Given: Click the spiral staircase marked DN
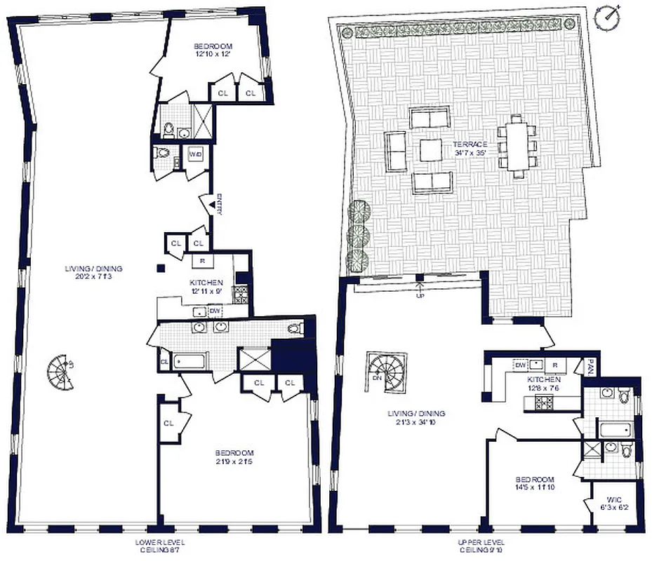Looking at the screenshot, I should pos(384,370).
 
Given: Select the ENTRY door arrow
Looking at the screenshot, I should pos(211,204).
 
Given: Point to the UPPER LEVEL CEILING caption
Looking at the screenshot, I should pos(486,546).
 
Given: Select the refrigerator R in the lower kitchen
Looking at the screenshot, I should pos(201,259).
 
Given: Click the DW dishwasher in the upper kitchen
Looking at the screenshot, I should pos(521,365).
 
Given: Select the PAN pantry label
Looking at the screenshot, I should pos(591,366).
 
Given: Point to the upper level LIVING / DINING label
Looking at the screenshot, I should pos(416,418).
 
